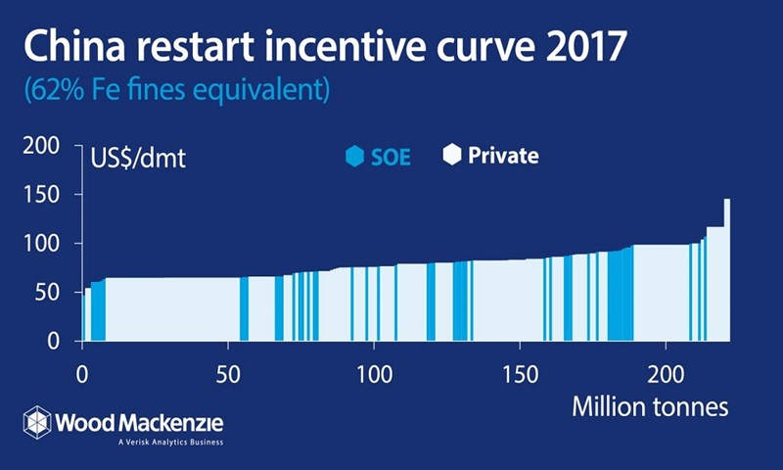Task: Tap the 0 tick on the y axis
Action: click(58, 340)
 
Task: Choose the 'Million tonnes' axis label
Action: click(650, 406)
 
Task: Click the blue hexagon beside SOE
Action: click(353, 156)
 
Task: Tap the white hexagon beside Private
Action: click(451, 154)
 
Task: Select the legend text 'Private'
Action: click(503, 155)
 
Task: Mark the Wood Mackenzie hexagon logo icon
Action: click(37, 422)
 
